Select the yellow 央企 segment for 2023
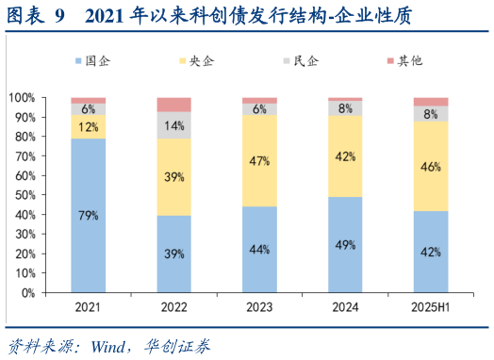(x=259, y=160)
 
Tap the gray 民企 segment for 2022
(x=173, y=125)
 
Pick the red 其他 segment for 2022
(x=173, y=105)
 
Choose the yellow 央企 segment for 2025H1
(x=431, y=166)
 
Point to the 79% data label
(x=88, y=216)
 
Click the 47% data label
(x=259, y=160)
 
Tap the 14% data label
(x=173, y=125)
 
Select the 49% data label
(x=345, y=244)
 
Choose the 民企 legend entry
(x=300, y=61)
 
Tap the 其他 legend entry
(x=403, y=61)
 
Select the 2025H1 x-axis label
(x=431, y=307)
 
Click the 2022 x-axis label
(x=173, y=307)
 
